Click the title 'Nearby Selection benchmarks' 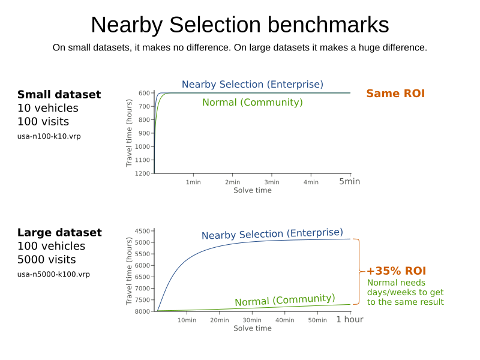(239, 25)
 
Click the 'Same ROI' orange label (395, 94)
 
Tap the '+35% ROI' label (396, 271)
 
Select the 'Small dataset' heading (59, 95)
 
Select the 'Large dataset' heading (59, 233)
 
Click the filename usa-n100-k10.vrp (49, 136)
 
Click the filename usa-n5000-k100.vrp (53, 274)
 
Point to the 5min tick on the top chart (350, 182)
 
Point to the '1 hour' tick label (349, 320)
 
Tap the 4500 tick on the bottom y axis (142, 231)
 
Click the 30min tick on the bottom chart (252, 320)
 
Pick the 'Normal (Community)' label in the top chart (253, 103)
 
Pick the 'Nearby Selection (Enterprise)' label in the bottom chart (272, 234)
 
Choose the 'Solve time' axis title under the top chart (252, 191)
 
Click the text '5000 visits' (47, 260)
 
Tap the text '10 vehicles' (47, 109)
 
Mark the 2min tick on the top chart (232, 182)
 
